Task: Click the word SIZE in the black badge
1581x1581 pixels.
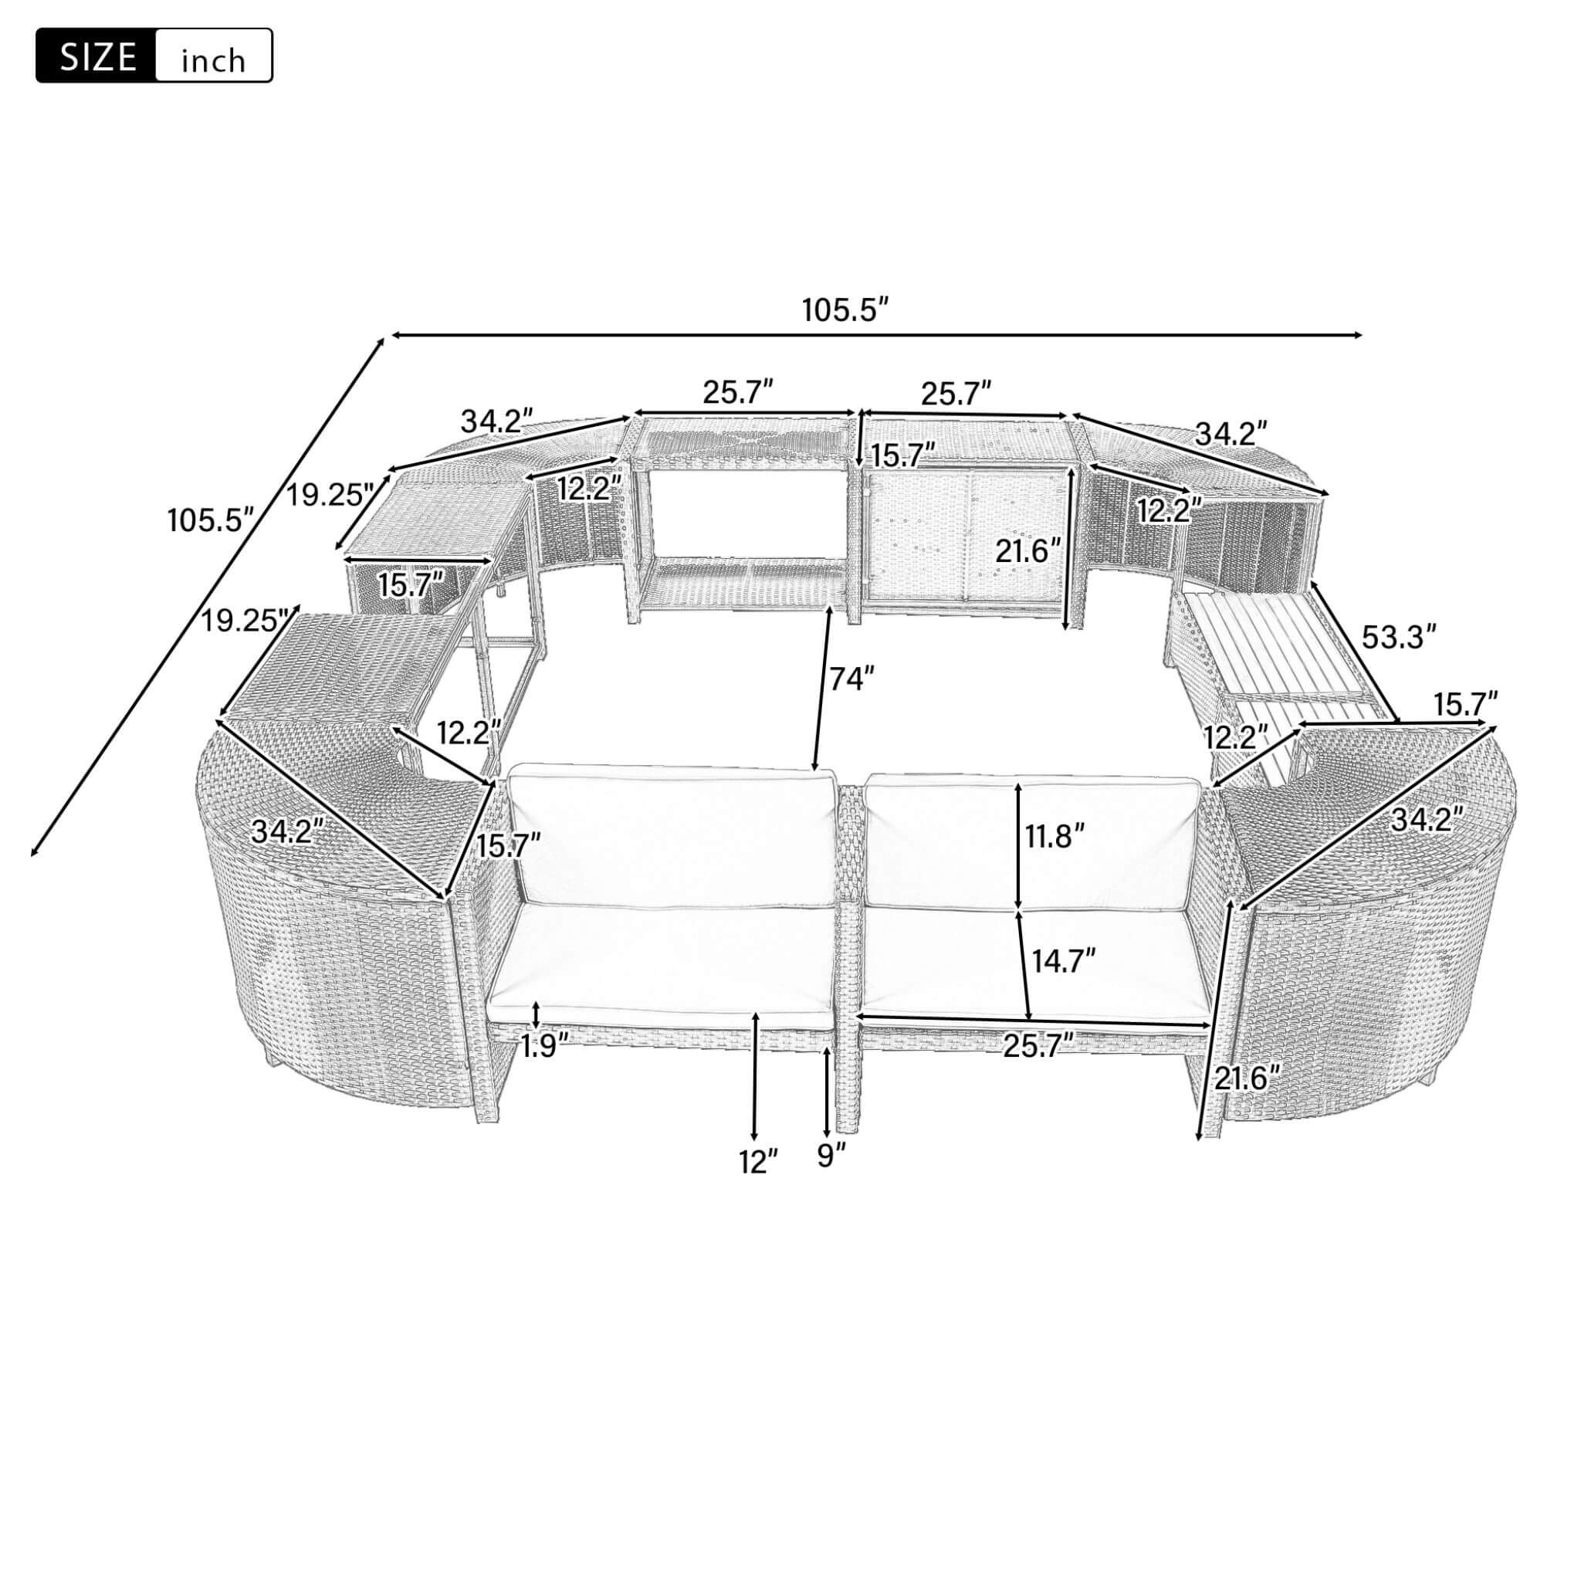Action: (x=96, y=56)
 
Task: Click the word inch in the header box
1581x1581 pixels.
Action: (x=213, y=60)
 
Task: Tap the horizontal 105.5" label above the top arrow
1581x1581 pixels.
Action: (x=845, y=311)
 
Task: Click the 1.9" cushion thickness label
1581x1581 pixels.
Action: (x=544, y=1046)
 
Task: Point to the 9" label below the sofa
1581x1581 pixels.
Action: (x=830, y=1157)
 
